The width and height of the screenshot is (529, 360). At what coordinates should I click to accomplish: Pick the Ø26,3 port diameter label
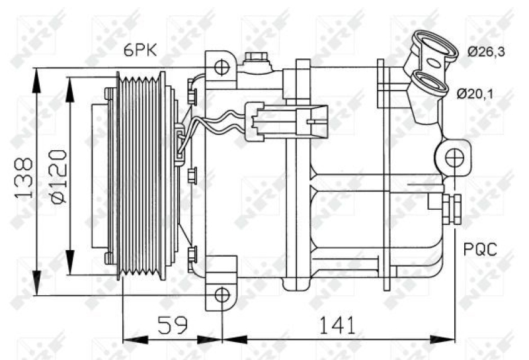487,52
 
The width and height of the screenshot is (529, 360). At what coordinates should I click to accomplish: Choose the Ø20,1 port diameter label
475,93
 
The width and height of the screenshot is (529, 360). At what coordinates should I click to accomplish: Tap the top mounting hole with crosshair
222,67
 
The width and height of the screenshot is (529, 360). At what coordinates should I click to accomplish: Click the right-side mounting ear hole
453,158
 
